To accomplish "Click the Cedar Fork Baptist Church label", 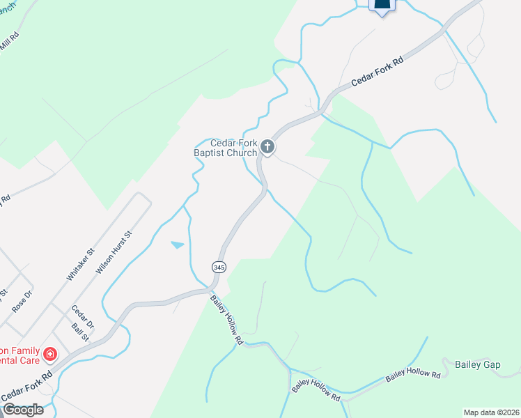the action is (x=225, y=148).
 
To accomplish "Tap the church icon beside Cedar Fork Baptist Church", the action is (x=267, y=146).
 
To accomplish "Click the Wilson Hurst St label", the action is (x=114, y=251).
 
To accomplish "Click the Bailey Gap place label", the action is (x=477, y=364).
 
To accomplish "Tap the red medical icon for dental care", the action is (x=50, y=355).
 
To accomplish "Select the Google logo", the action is (x=23, y=410).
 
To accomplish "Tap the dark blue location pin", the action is (x=381, y=6).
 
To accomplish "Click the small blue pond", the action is (x=178, y=245).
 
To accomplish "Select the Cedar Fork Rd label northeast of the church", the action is (x=377, y=72).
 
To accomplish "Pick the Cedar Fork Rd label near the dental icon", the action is (x=27, y=386).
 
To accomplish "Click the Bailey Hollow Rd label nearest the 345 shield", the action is (x=227, y=320).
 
